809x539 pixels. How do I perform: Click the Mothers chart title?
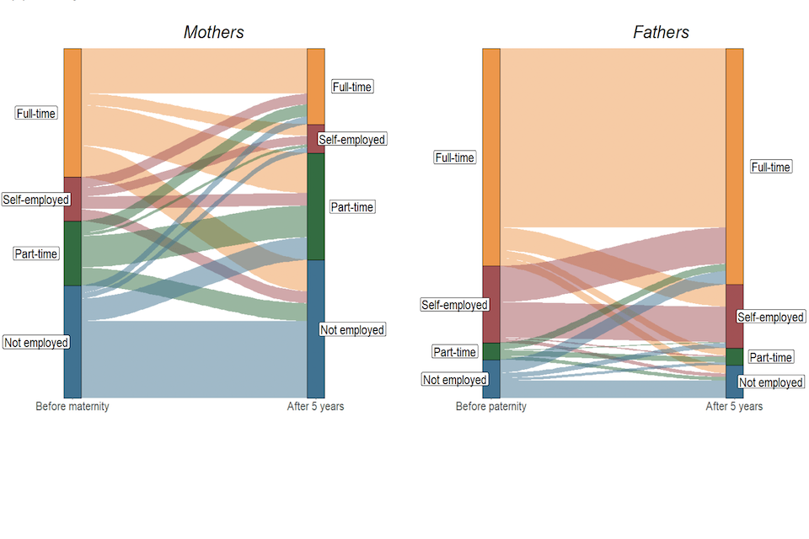click(214, 33)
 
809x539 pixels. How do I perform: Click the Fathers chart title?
click(661, 33)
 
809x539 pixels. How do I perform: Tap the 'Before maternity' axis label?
click(72, 407)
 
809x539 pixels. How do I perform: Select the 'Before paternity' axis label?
click(491, 407)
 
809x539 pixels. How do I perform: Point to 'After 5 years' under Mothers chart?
click(315, 407)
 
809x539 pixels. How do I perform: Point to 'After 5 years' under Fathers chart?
click(734, 407)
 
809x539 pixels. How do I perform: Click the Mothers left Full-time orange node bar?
click(72, 113)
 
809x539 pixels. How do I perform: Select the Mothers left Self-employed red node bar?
click(72, 199)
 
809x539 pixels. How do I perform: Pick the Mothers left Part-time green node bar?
click(72, 253)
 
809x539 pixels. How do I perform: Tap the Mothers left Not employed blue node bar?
click(72, 341)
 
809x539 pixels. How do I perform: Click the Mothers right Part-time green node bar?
click(316, 206)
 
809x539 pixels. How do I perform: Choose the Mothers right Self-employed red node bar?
click(316, 139)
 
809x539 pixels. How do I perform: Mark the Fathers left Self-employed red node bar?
click(491, 304)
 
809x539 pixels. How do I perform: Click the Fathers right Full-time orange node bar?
click(734, 167)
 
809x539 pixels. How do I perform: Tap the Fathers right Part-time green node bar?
click(734, 356)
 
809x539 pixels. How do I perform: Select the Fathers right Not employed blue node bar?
click(734, 382)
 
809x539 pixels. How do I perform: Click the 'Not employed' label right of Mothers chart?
click(352, 330)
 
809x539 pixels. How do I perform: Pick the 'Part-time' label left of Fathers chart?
click(454, 352)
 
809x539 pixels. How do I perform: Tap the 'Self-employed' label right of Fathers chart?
click(770, 317)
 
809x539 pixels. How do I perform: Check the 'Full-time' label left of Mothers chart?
click(36, 113)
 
